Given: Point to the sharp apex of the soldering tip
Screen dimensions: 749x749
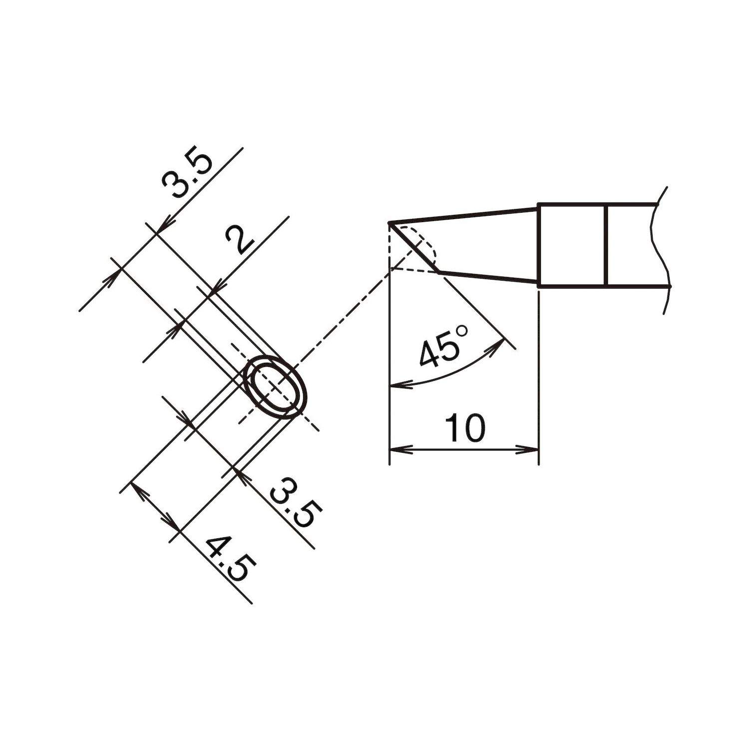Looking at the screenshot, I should tap(389, 223).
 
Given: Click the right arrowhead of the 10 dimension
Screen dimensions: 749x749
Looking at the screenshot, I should tap(531, 449).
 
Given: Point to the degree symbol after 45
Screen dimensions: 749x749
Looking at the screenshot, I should tap(461, 332).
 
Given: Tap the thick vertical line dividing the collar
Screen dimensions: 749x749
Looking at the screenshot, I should tap(606, 245).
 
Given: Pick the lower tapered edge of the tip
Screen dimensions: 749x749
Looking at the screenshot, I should tap(489, 278).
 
